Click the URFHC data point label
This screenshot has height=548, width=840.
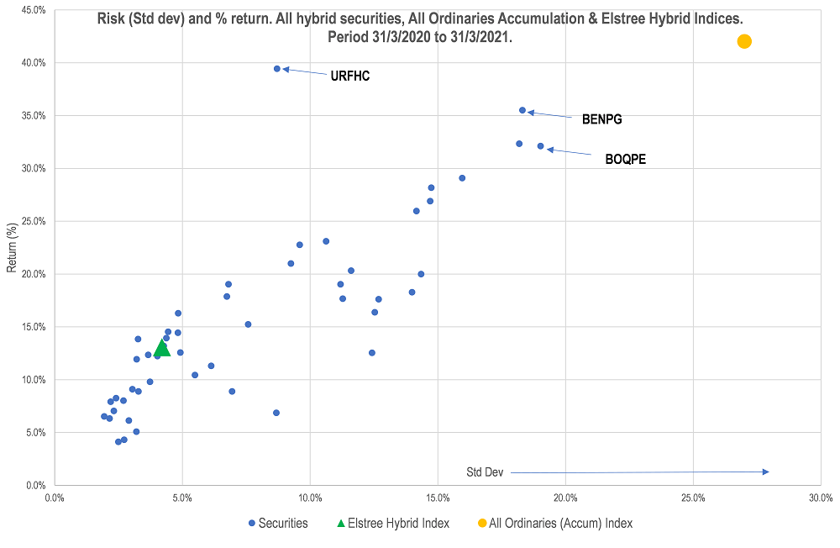point(350,76)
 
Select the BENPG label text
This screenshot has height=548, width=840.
point(602,119)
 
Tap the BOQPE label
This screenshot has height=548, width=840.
point(626,159)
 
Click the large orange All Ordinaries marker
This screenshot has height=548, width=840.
point(743,41)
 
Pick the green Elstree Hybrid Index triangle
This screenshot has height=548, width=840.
point(162,347)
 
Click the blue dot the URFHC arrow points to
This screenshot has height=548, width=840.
point(277,69)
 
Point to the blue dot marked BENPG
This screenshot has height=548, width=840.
point(522,110)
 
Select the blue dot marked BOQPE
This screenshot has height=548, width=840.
point(540,146)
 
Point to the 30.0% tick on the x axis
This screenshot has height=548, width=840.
point(821,498)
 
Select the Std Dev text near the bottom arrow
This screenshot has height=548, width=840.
point(485,472)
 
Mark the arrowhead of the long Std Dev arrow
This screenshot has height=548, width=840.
point(766,472)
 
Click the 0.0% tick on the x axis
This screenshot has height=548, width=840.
point(55,498)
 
